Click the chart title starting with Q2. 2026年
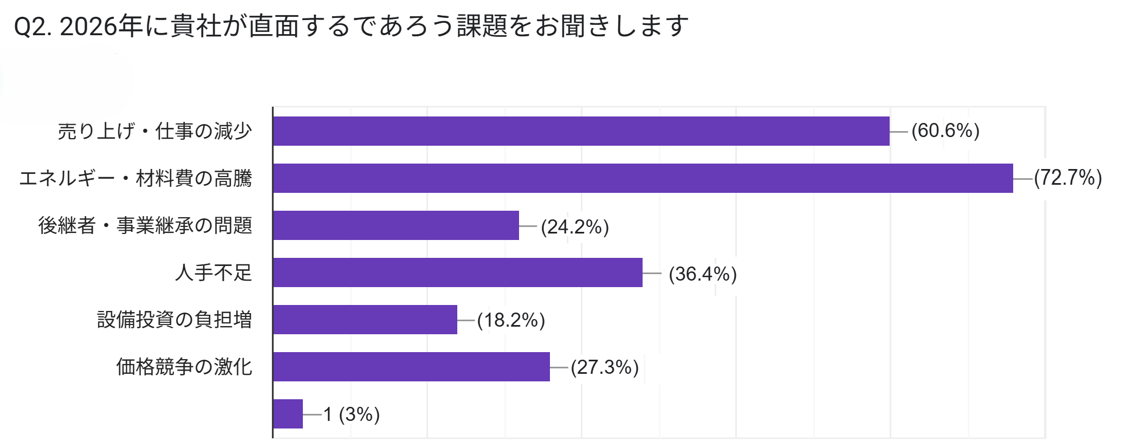351,26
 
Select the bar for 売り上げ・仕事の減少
581,131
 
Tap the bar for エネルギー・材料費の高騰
643,178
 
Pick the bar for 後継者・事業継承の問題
396,225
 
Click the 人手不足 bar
458,272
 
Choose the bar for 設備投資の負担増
365,320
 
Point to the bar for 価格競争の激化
411,367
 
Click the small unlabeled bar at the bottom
288,414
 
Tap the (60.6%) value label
945,131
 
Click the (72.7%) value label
1068,178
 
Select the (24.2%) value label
575,227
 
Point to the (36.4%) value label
703,274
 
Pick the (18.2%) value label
511,320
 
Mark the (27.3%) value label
605,367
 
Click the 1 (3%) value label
352,414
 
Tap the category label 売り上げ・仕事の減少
155,131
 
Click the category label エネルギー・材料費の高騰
135,178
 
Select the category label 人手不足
213,272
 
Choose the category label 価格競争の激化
184,367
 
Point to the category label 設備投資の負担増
174,320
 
